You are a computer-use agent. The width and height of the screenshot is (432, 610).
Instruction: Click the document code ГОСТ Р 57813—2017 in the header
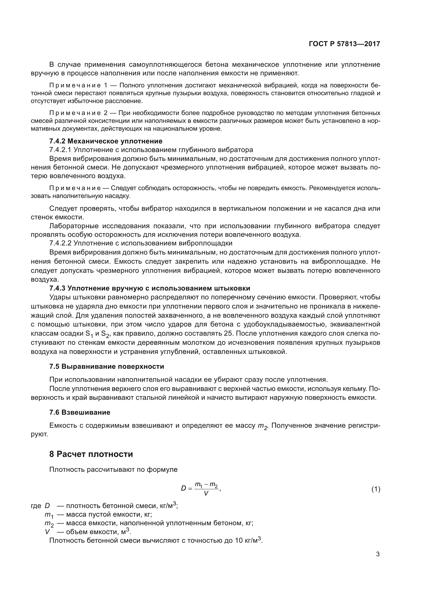[345, 44]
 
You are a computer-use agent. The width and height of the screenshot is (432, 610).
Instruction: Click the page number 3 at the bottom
[378, 554]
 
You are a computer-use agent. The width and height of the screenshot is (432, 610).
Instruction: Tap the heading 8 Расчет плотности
[91, 454]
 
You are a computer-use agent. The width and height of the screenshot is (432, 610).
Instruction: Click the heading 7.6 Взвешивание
[80, 412]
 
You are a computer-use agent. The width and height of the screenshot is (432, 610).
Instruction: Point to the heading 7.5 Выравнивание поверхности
[107, 367]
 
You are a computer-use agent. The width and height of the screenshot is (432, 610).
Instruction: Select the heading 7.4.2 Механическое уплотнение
[106, 141]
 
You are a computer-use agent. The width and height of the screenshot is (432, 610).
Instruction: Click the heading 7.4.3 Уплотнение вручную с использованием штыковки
[149, 288]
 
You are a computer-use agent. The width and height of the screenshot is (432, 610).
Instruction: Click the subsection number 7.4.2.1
[60, 150]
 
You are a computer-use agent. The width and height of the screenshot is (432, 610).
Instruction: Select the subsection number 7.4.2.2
[60, 243]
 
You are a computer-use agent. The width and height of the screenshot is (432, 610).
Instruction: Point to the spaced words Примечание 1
[78, 85]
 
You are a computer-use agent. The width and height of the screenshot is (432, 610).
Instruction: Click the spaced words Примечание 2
[78, 113]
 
